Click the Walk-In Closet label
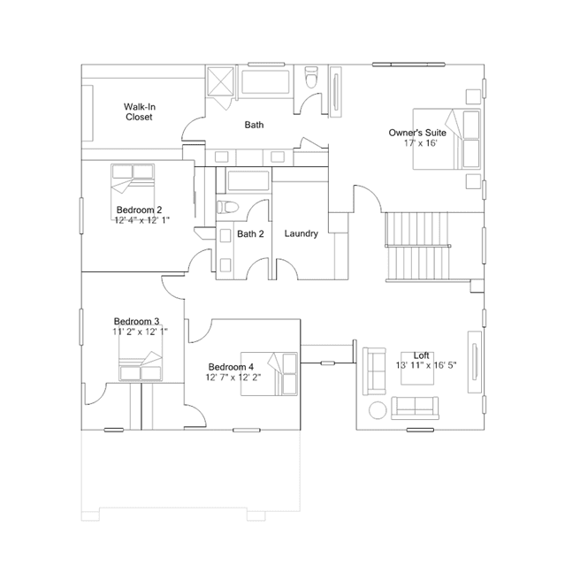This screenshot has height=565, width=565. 139,111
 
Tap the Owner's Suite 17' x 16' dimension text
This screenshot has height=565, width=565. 421,143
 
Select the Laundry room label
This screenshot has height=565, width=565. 302,233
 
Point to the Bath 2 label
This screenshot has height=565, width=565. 250,233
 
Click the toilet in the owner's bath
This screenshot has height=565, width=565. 311,77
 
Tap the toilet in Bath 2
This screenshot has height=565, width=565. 228,207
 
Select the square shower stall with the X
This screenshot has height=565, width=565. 220,81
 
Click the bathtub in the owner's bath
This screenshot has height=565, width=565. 265,82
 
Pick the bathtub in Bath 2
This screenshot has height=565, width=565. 248,180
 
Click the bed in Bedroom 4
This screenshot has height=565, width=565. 269,374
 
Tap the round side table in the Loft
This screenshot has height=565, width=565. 378,410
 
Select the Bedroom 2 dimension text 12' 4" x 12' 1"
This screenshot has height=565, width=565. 142,220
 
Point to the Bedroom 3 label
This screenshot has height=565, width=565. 136,321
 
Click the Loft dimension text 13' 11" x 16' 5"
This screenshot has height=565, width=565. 426,365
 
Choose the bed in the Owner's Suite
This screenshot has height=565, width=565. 447,139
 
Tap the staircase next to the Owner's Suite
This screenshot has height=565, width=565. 418,247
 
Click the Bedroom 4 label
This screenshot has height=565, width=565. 231,367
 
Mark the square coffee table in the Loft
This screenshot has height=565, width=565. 417,368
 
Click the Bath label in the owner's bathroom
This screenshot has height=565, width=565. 254,125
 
